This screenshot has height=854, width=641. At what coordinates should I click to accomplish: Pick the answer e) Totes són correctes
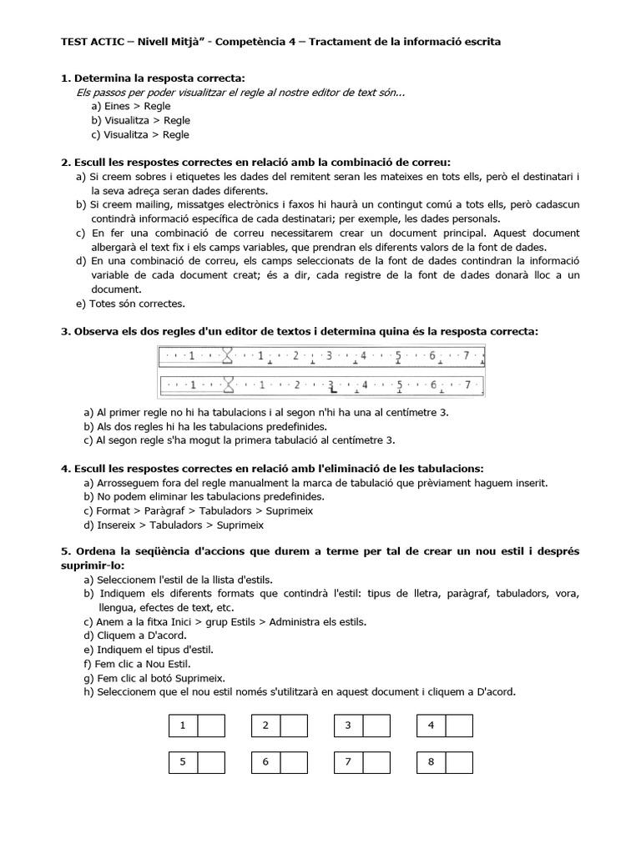[x=130, y=304]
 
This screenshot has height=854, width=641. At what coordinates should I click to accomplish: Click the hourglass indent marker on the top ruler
[x=226, y=356]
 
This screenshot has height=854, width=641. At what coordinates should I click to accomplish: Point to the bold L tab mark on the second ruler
[x=332, y=387]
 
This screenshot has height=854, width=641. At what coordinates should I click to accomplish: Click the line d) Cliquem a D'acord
[x=134, y=635]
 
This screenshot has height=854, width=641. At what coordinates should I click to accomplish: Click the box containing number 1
[x=183, y=726]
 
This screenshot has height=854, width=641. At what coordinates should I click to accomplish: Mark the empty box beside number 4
[x=459, y=726]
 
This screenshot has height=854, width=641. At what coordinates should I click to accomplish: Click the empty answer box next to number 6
[x=294, y=762]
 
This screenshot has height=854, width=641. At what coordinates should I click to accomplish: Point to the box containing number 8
[x=431, y=762]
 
